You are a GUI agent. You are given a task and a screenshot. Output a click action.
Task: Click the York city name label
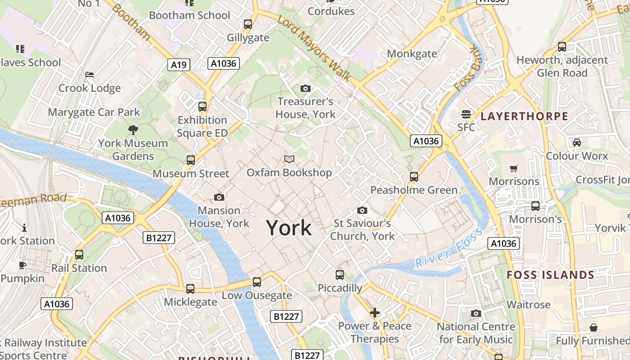click(288, 228)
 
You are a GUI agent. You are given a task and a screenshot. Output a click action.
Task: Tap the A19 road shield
click(179, 65)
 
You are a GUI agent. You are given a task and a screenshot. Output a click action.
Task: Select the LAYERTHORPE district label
click(524, 117)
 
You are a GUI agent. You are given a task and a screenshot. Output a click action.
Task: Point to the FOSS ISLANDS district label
click(550, 275)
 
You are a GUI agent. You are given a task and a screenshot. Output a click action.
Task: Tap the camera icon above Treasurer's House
click(306, 88)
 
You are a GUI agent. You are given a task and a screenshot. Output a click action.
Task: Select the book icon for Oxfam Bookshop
click(289, 159)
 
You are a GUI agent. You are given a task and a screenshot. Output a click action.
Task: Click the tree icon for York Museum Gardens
click(133, 130)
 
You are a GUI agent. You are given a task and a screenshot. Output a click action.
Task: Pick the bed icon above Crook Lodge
click(90, 74)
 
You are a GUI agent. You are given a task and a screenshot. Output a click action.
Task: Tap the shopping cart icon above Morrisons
click(514, 168)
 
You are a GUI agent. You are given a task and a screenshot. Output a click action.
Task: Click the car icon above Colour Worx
click(576, 143)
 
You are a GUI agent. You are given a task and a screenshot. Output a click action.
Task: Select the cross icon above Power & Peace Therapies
click(375, 312)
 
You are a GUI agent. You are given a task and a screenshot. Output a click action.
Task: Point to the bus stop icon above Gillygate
click(248, 24)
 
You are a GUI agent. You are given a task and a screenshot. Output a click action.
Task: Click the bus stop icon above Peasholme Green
click(414, 176)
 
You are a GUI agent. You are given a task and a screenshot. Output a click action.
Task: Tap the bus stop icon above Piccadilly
click(340, 274)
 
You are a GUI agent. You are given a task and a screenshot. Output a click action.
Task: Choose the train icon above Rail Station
click(79, 255)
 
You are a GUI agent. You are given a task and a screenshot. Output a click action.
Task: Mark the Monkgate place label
click(412, 54)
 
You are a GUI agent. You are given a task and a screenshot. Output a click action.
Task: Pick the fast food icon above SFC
click(466, 114)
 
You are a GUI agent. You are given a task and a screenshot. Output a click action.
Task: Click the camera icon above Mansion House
click(219, 197)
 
